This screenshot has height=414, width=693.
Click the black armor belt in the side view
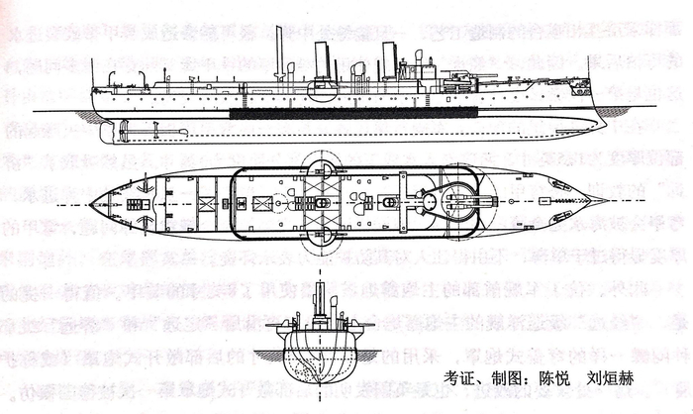pyautogui.click(x=356, y=113)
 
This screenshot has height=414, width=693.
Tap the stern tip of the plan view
pyautogui.click(x=90, y=204)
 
